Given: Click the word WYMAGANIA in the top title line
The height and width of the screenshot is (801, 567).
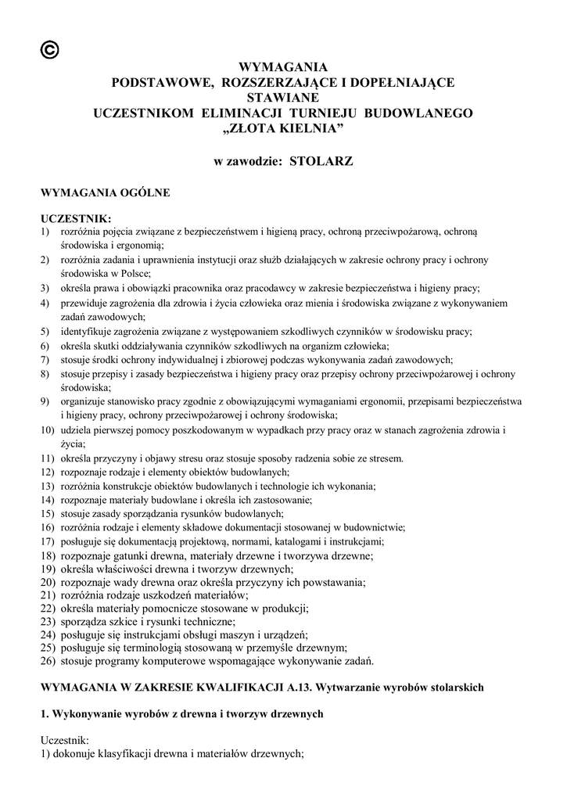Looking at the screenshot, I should click(x=283, y=67).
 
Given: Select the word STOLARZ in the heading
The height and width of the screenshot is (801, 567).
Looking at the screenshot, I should click(x=322, y=162).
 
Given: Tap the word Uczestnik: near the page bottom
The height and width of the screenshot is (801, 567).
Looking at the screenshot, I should click(x=65, y=740).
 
